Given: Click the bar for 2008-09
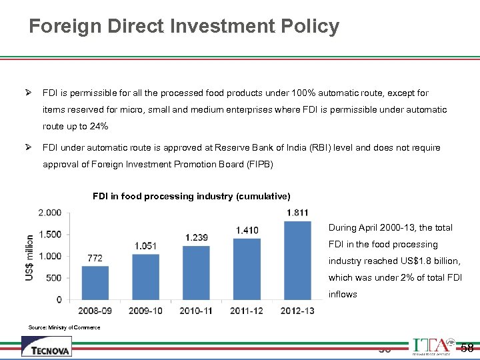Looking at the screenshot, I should click(x=95, y=283).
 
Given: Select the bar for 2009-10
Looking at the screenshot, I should click(x=145, y=277).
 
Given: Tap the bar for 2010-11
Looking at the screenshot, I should click(x=196, y=273).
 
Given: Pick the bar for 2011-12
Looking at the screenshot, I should click(x=247, y=269).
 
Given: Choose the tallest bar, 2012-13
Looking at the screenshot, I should click(x=297, y=260).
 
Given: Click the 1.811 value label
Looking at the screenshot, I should click(x=297, y=213).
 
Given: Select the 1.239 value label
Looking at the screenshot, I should click(x=197, y=237).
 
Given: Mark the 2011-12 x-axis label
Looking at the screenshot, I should click(x=247, y=311).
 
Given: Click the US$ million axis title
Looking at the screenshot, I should click(x=29, y=257).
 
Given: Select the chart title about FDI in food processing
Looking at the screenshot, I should click(x=191, y=197).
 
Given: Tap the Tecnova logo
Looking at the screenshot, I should click(x=46, y=347).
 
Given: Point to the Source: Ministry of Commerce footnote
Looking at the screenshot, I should click(x=64, y=327).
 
